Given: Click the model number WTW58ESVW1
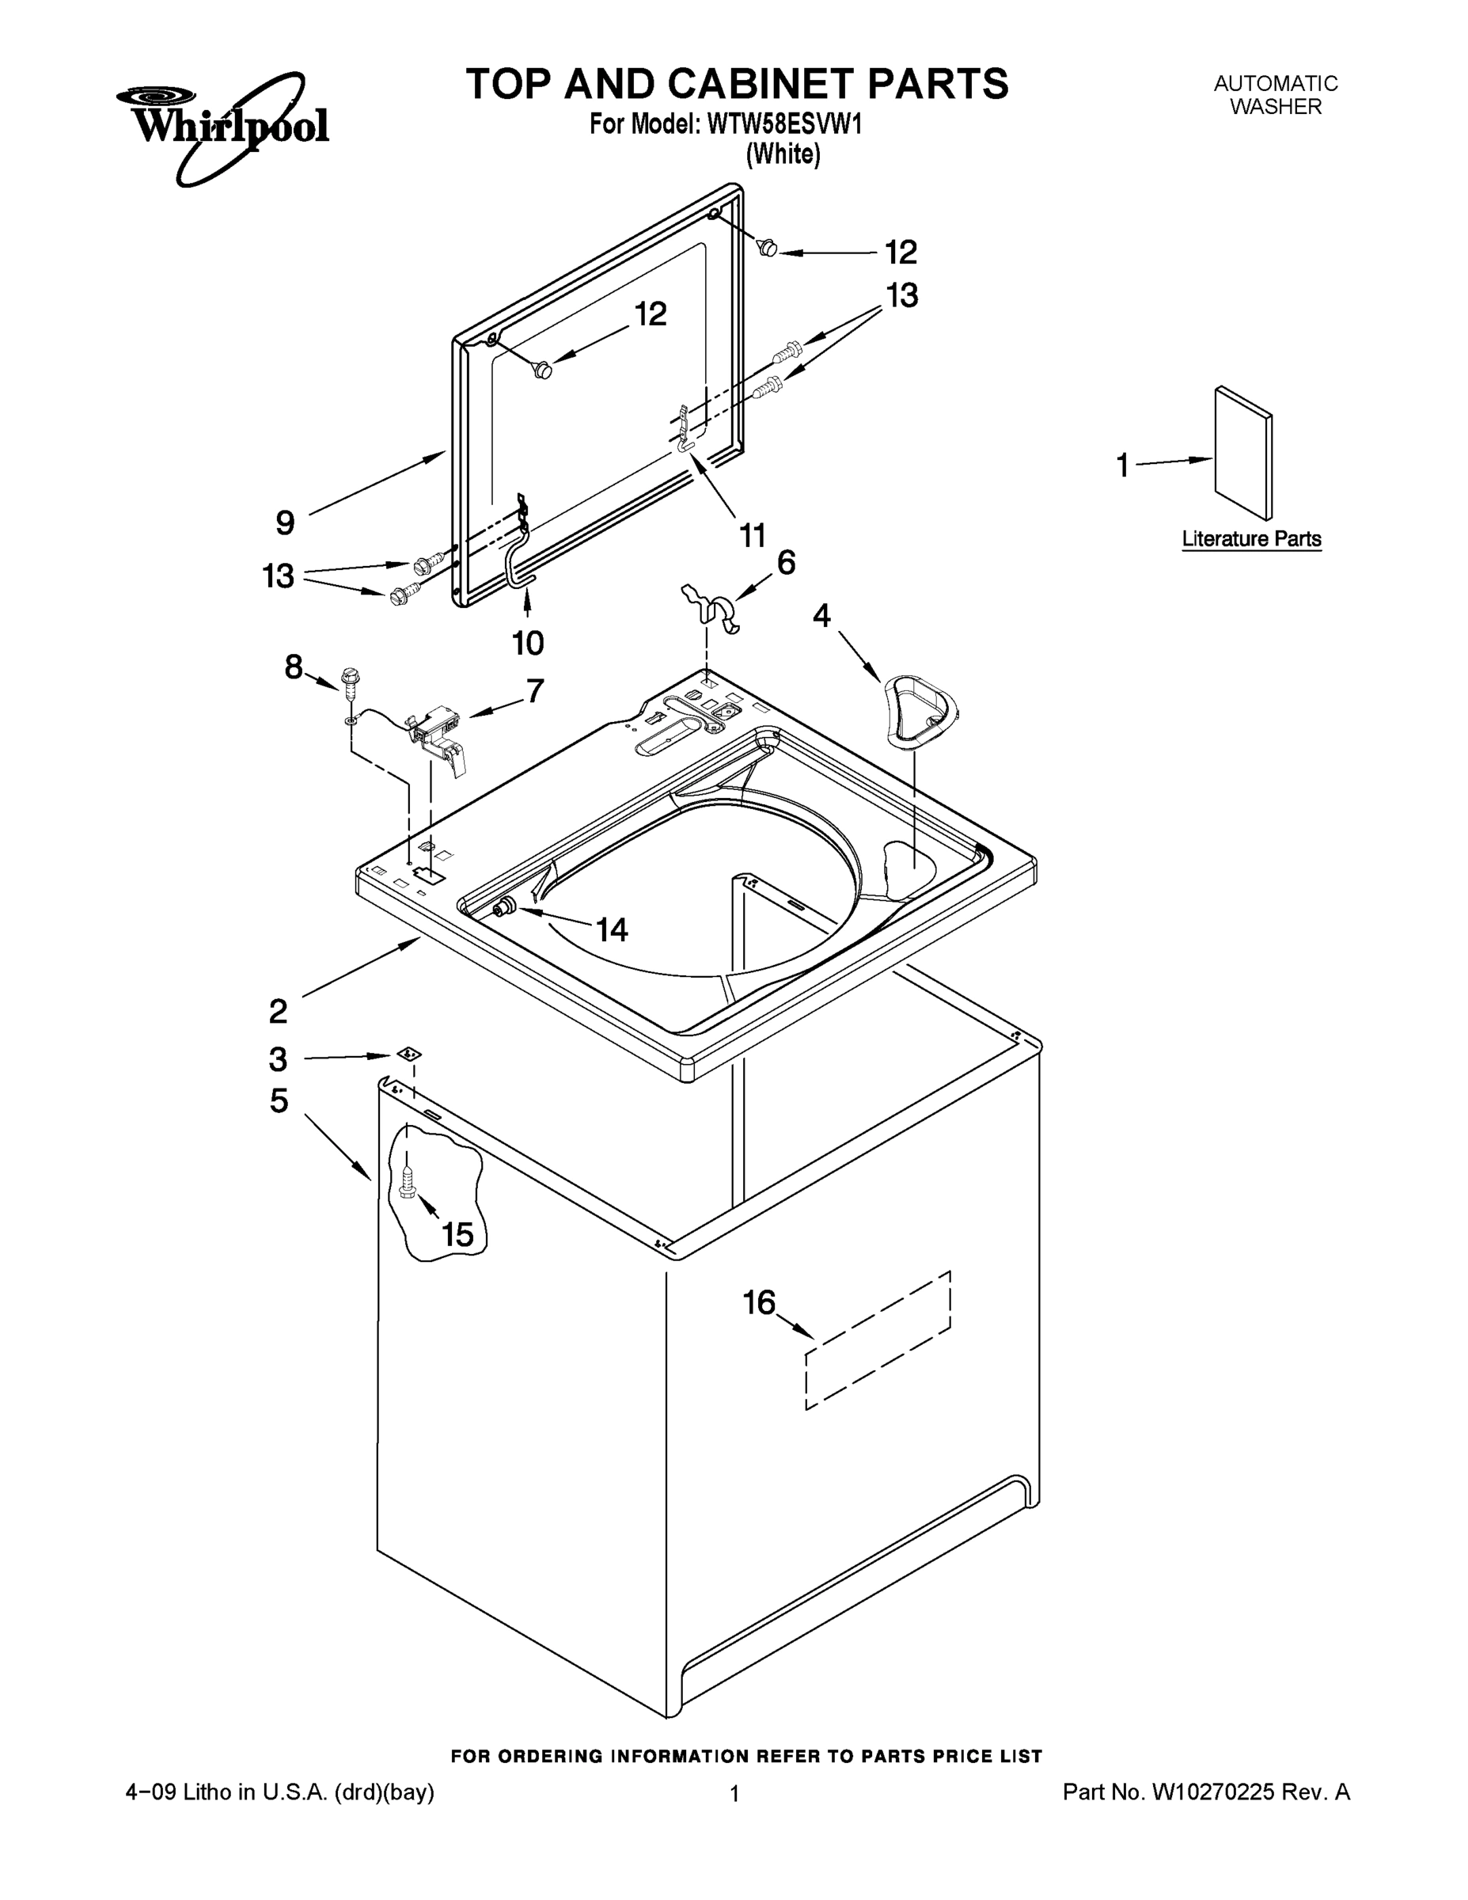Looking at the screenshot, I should tap(785, 125).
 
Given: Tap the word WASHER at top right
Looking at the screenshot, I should tap(1275, 107).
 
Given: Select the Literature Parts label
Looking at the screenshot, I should tap(1250, 538).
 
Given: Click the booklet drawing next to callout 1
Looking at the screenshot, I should tap(1242, 452).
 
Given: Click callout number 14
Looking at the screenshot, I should tap(613, 930).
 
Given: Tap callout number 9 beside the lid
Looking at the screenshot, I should tap(285, 522).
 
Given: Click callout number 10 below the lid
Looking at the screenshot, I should tap(528, 643).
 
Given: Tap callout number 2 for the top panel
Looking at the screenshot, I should tap(278, 1011).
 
